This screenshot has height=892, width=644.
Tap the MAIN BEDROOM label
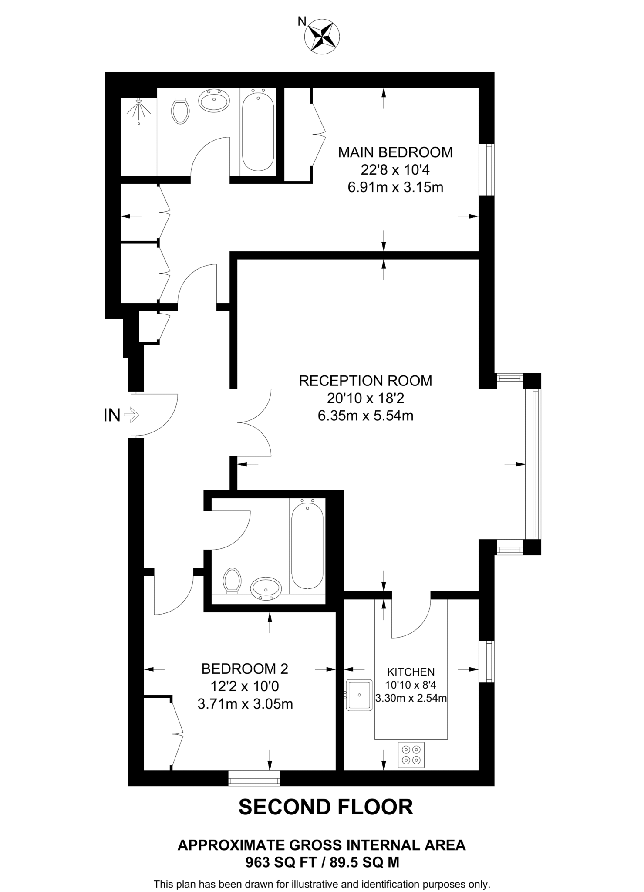[395, 152]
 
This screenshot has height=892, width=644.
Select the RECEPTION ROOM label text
[365, 381]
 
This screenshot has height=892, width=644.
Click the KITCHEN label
[411, 672]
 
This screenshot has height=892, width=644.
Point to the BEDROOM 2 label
[245, 669]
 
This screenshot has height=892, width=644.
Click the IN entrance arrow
[131, 415]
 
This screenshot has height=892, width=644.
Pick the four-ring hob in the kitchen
[411, 755]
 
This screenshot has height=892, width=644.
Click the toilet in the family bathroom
[232, 581]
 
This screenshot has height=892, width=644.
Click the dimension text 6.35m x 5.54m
[365, 416]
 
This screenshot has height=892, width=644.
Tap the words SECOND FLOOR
[326, 807]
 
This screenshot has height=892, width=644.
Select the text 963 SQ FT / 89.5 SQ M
[322, 862]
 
